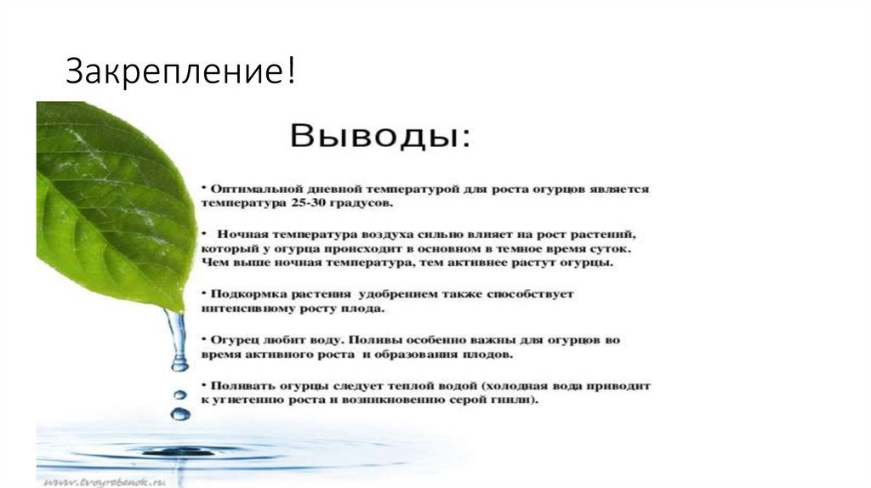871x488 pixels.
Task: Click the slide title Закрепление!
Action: [x=181, y=71]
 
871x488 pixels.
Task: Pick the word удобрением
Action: [x=396, y=293]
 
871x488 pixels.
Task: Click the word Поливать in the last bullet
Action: [x=239, y=384]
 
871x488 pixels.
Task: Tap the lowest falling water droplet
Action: [x=179, y=414]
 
